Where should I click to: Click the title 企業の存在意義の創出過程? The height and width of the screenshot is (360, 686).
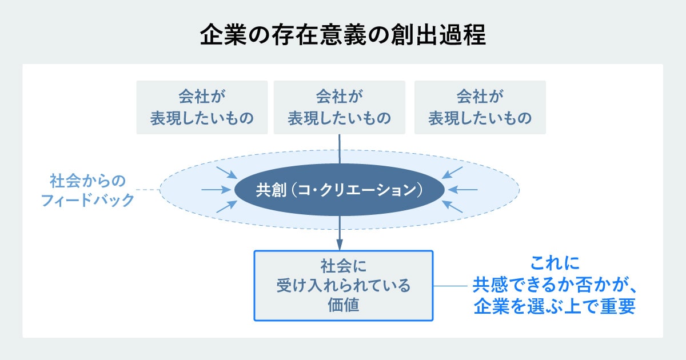[343, 35]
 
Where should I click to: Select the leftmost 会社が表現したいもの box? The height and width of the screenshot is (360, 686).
[202, 107]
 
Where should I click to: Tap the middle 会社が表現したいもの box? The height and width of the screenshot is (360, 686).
[340, 107]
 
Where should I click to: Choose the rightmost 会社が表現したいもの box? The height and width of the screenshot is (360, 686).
[480, 107]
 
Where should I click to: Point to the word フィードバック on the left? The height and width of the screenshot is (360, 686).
[88, 200]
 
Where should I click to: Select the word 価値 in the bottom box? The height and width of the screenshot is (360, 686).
[343, 305]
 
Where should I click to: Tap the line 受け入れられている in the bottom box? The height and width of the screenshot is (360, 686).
[343, 285]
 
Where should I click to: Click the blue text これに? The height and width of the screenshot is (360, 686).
[555, 263]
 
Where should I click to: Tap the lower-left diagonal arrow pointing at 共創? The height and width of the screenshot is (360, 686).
[226, 206]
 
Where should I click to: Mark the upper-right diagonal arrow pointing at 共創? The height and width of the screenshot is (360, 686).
[453, 171]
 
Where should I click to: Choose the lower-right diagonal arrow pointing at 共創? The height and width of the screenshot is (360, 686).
[453, 206]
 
